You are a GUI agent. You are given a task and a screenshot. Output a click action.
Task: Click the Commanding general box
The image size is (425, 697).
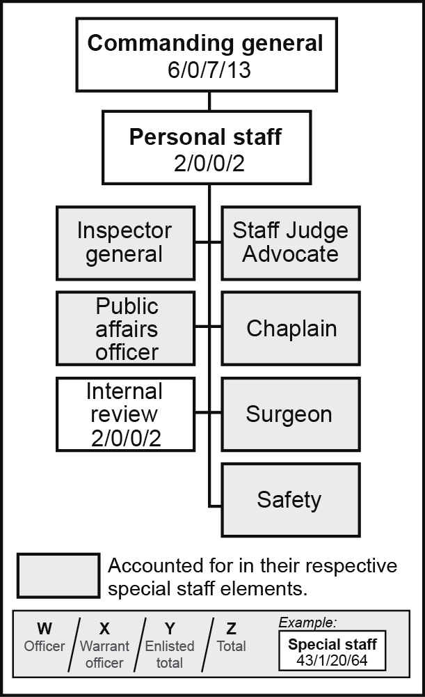pyautogui.click(x=205, y=54)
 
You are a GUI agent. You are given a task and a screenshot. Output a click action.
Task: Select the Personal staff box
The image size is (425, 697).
pyautogui.click(x=205, y=148)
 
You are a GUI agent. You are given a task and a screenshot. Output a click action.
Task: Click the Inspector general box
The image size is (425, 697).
pyautogui.click(x=125, y=242)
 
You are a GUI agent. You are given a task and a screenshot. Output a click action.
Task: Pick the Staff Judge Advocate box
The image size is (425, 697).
pyautogui.click(x=290, y=242)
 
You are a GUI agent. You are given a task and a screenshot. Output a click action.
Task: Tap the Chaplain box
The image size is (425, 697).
pyautogui.click(x=290, y=328)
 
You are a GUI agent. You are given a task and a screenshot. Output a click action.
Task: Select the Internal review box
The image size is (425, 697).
pyautogui.click(x=125, y=414)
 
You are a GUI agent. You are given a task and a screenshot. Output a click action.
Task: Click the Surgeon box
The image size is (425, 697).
pyautogui.click(x=290, y=414)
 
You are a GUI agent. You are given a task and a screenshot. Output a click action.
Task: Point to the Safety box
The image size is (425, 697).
pyautogui.click(x=290, y=499)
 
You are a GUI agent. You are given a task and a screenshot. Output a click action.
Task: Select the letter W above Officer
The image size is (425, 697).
pyautogui.click(x=44, y=629)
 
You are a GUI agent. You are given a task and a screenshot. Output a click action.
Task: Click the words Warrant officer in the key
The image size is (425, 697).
pyautogui.click(x=104, y=654)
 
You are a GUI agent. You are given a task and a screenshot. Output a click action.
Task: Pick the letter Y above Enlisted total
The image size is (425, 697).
pyautogui.click(x=169, y=629)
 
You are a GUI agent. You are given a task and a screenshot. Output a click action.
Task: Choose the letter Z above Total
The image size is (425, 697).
pyautogui.click(x=231, y=629)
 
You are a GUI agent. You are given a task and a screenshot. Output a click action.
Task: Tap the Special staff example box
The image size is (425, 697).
pyautogui.click(x=332, y=651)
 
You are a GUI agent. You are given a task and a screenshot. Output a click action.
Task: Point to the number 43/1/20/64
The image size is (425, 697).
pyautogui.click(x=332, y=659)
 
